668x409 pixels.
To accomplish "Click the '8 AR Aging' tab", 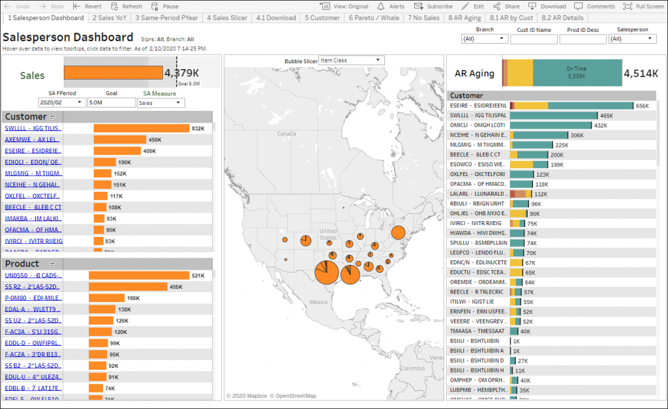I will (x=464, y=18).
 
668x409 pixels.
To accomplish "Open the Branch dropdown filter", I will (x=484, y=39).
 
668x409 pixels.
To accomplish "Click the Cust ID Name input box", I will (x=534, y=39).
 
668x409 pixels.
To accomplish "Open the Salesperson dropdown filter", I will (x=632, y=39).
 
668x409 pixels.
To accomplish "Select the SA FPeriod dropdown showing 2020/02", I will (x=62, y=102).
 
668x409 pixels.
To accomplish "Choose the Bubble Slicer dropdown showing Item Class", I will (x=351, y=61).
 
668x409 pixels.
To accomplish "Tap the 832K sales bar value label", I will (x=198, y=129).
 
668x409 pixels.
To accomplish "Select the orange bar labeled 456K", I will (x=121, y=140).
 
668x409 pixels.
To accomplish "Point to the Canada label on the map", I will (x=287, y=134).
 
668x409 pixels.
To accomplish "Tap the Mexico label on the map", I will (x=318, y=302).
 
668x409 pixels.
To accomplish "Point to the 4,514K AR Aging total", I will (x=641, y=73).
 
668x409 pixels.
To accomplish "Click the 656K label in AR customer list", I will (x=643, y=106).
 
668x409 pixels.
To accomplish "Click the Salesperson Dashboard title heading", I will (x=68, y=37).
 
